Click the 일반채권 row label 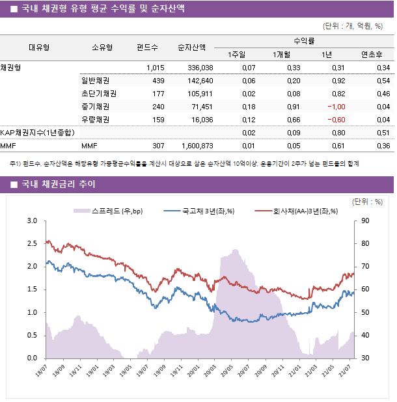95,81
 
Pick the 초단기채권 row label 95,94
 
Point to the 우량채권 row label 95,120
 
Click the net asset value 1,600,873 195,146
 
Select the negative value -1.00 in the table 336,107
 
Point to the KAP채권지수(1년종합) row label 36,133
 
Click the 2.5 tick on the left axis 32,244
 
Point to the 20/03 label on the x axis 210,370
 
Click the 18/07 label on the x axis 40,370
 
